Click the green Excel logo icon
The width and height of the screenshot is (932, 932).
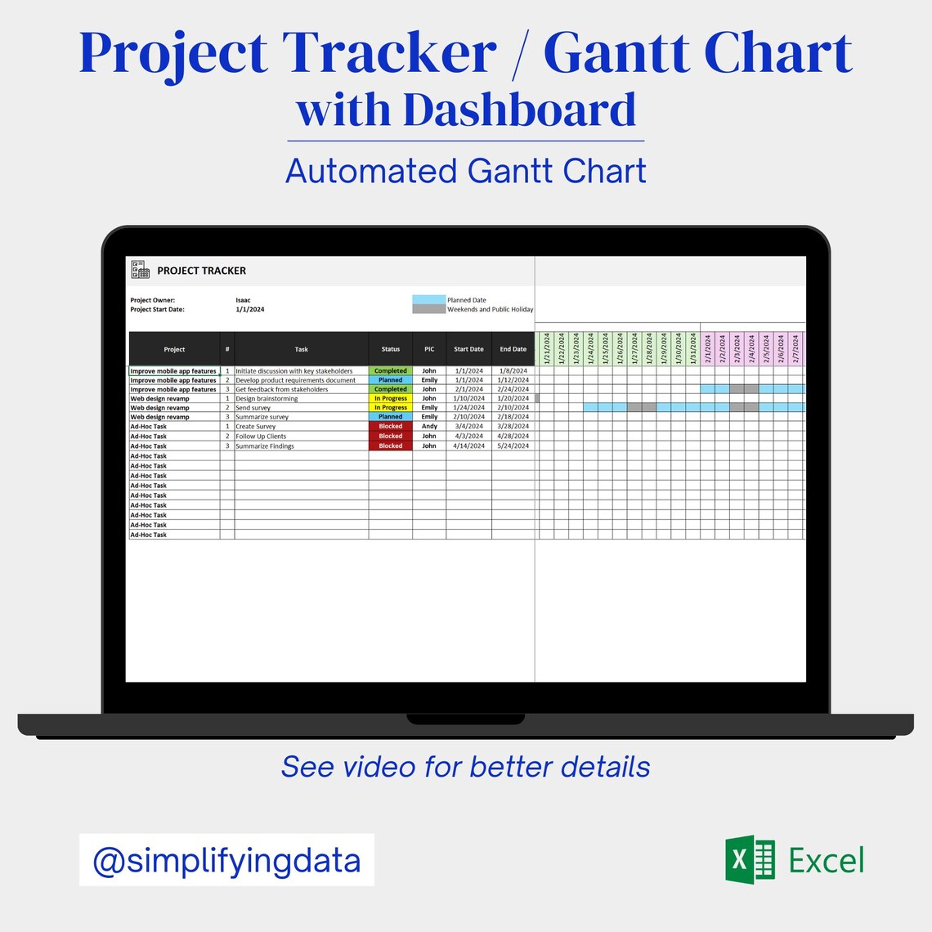coord(750,860)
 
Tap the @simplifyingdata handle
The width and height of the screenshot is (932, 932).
coord(226,860)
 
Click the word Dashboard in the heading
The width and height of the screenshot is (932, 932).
coord(519,110)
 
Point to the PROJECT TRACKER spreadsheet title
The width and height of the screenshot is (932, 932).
coord(201,271)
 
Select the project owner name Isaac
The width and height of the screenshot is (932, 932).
coord(243,300)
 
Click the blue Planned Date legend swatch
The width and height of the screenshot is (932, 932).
coord(428,300)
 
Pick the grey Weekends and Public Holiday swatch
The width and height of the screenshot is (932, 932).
coord(428,309)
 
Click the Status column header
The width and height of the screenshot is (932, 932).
coord(391,349)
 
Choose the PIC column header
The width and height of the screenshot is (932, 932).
coord(429,349)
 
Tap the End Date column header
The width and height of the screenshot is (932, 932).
coord(513,349)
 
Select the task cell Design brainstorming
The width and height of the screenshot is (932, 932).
coord(267,399)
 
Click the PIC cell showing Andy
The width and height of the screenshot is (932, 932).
coord(429,426)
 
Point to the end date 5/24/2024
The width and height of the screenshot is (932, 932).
coord(513,446)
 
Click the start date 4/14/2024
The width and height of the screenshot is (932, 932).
coord(468,446)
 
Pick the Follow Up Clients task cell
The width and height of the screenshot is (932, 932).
coord(262,437)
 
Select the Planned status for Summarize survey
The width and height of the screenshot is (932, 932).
coord(391,417)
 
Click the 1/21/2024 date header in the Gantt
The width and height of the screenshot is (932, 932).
coord(547,349)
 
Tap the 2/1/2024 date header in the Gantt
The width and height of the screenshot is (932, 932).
coord(708,349)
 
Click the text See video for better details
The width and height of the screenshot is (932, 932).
coord(466,767)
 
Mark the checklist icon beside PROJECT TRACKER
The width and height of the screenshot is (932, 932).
coord(141,270)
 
